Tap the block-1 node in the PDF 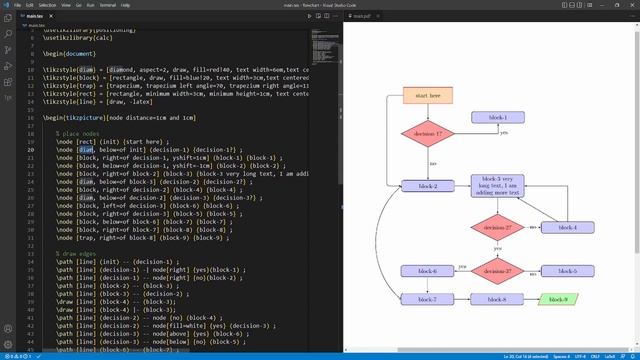click(x=498, y=117)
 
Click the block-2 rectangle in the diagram click(x=428, y=186)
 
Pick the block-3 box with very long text click(x=498, y=186)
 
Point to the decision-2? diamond click(x=498, y=228)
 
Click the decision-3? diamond click(x=498, y=271)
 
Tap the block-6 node click(x=428, y=271)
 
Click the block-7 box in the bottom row click(x=428, y=299)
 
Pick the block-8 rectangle click(x=498, y=299)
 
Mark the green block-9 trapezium click(x=557, y=299)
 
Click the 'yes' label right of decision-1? click(x=504, y=133)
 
